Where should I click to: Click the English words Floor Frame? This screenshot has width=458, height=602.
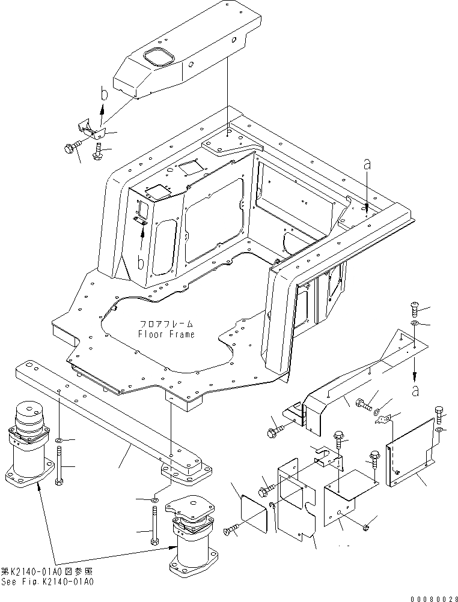166,334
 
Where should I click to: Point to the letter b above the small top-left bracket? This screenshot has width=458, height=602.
103,95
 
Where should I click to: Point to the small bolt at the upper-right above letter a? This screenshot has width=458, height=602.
414,309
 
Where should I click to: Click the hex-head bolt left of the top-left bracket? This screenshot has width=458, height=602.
70,147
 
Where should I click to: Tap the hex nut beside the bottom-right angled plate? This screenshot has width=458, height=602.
366,526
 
